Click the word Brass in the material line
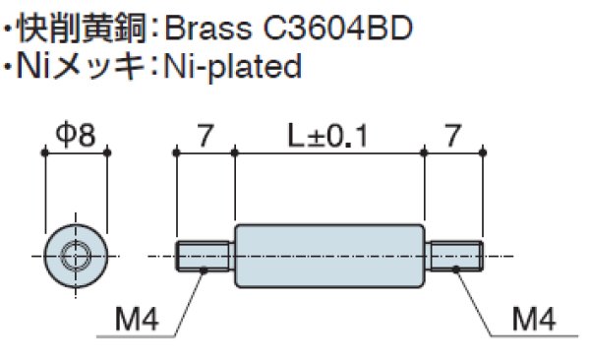click(x=208, y=29)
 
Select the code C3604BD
click(x=337, y=29)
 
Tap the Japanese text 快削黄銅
click(x=81, y=29)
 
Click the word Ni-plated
click(x=233, y=67)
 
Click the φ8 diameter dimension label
click(x=76, y=135)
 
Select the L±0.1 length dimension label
click(x=327, y=136)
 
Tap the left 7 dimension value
click(x=206, y=136)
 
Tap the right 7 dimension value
click(x=452, y=136)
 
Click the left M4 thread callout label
click(x=137, y=319)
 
